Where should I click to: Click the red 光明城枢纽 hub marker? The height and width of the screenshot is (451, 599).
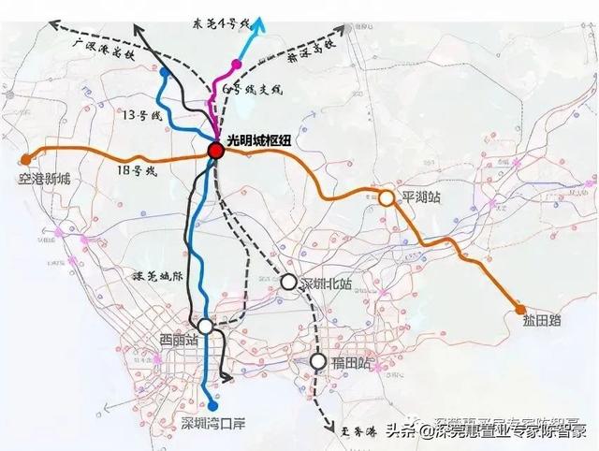(x=216, y=151)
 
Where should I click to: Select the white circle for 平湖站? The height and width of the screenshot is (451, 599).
(x=386, y=197)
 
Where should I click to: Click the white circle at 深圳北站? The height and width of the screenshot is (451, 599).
(x=288, y=281)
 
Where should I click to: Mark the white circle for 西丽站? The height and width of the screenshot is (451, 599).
(x=205, y=327)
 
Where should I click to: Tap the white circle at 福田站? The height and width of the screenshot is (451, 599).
(x=318, y=361)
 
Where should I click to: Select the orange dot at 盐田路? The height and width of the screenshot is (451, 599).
(x=519, y=309)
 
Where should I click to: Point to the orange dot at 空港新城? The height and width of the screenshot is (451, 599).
(x=26, y=158)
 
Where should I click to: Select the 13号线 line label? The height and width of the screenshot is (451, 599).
(x=144, y=117)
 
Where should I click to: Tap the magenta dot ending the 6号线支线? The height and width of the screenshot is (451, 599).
(x=236, y=64)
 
